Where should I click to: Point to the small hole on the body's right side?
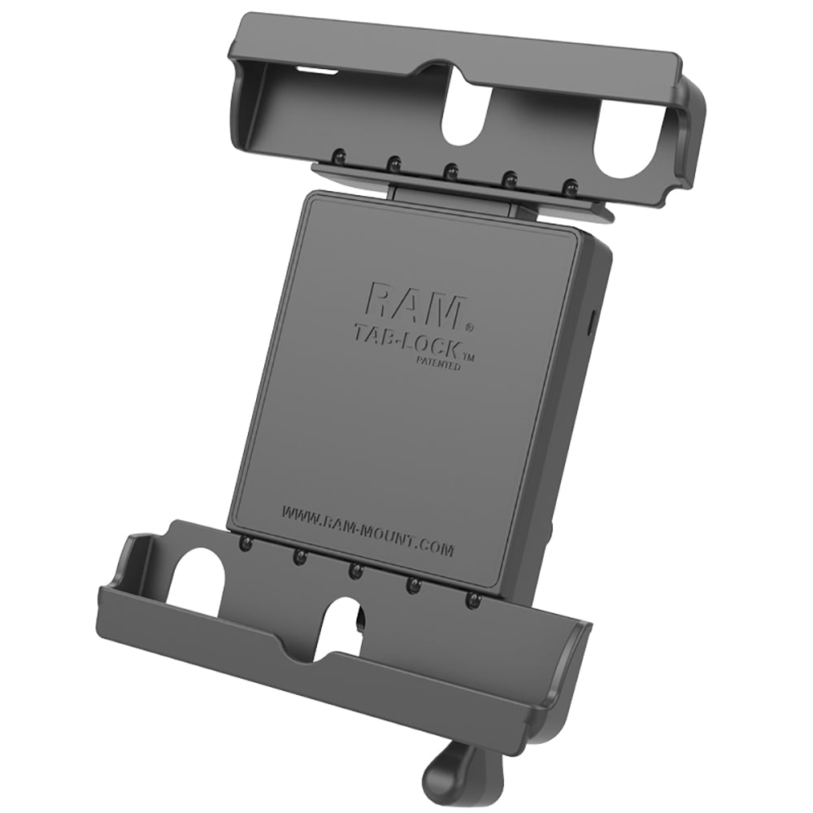[x=591, y=312]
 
